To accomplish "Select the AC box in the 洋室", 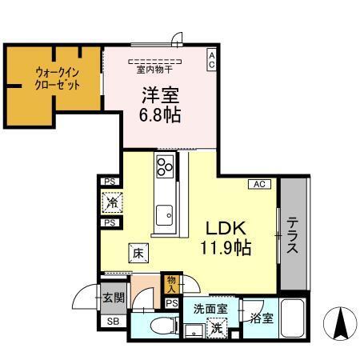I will [211, 60].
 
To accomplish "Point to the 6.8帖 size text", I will [160, 114].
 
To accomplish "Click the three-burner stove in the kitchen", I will [166, 168].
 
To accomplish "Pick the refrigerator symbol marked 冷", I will [110, 202].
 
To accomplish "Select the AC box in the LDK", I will [259, 184].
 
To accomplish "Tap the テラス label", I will [294, 235].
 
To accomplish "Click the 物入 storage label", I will [171, 283].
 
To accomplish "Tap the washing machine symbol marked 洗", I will [216, 326].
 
